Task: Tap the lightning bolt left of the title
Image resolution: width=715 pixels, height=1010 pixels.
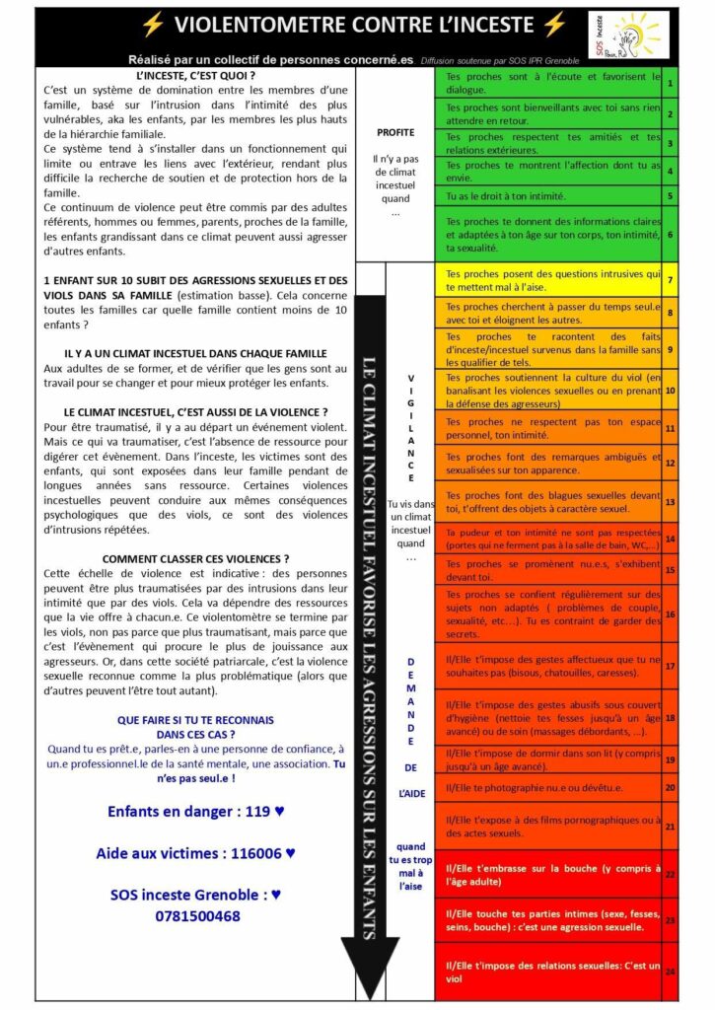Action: pos(154,25)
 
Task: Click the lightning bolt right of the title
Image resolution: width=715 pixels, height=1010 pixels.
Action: pos(554,25)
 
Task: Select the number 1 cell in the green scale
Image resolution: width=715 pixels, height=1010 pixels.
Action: pos(671,83)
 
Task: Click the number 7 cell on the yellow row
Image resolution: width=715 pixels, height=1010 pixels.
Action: pos(671,280)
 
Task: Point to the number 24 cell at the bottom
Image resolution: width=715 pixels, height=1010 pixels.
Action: pos(671,972)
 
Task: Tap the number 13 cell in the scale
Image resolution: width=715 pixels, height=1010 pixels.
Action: pos(671,502)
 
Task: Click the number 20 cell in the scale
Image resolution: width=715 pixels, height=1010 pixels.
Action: pos(671,787)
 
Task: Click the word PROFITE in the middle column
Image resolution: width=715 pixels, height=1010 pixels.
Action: pos(395,132)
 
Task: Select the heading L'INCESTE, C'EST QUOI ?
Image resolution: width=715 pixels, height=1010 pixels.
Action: pos(195,76)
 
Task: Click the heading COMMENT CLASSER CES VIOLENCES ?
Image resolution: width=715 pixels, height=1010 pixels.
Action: pos(195,559)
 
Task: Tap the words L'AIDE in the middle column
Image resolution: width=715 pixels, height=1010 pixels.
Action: pos(411,793)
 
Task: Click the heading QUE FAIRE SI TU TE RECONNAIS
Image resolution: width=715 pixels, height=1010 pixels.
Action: pos(195,720)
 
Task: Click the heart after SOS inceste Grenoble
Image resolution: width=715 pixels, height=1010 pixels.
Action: pos(277,895)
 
